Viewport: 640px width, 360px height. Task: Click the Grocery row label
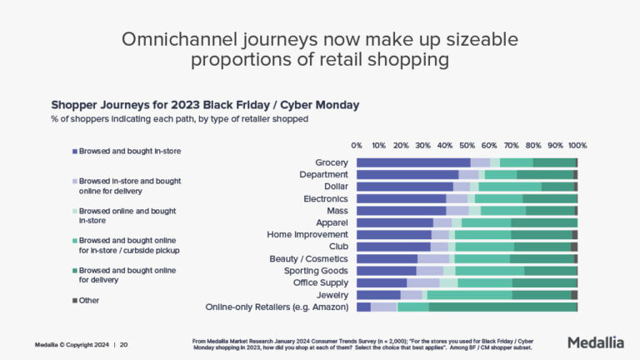pyautogui.click(x=331, y=162)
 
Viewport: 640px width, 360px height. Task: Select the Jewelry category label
pyautogui.click(x=332, y=295)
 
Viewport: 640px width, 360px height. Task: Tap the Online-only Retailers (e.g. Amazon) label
pyautogui.click(x=277, y=307)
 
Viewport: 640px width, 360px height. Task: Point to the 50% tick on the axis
pyautogui.click(x=467, y=145)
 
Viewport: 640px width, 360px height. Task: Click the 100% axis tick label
pyautogui.click(x=577, y=145)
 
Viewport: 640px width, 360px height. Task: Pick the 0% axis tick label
pyautogui.click(x=357, y=145)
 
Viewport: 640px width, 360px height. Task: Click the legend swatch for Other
pyautogui.click(x=75, y=300)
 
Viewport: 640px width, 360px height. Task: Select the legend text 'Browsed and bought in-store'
pyautogui.click(x=130, y=151)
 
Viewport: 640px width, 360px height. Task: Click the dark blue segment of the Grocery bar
pyautogui.click(x=413, y=162)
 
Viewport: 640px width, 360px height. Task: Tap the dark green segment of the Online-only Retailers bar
pyautogui.click(x=502, y=307)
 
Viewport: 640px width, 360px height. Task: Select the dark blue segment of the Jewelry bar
pyautogui.click(x=378, y=295)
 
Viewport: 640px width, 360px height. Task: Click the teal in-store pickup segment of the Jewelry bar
pyautogui.click(x=469, y=295)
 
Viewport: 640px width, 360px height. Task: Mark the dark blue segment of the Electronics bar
pyautogui.click(x=402, y=198)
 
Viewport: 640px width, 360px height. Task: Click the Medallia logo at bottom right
pyautogui.click(x=595, y=342)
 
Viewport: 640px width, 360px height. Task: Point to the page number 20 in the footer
pyautogui.click(x=124, y=343)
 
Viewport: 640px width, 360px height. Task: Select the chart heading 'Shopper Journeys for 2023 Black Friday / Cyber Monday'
pyautogui.click(x=205, y=105)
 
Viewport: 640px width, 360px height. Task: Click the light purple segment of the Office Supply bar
pyautogui.click(x=423, y=283)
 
